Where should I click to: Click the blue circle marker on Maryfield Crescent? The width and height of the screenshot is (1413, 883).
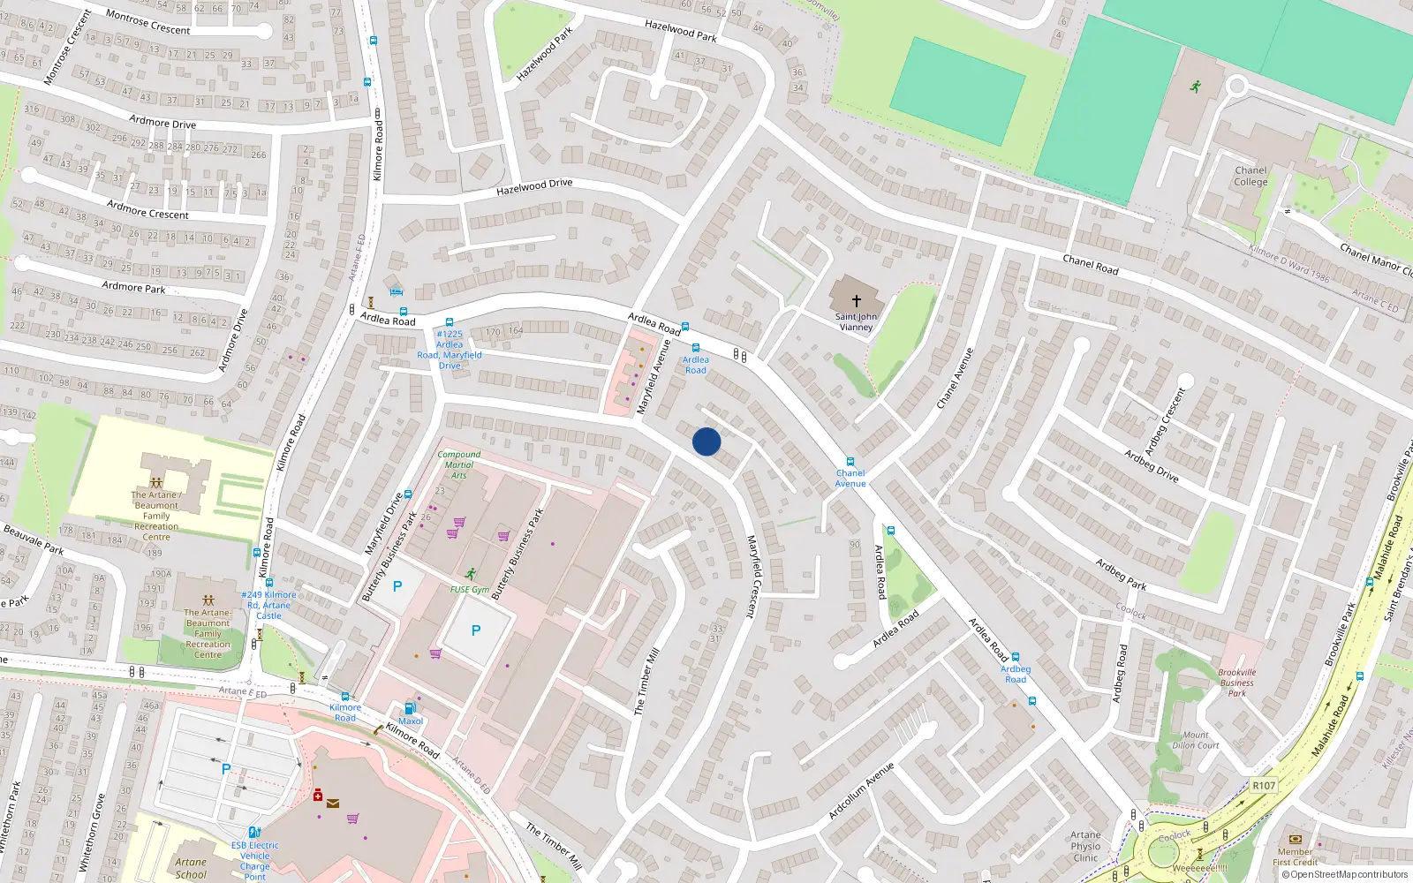(706, 441)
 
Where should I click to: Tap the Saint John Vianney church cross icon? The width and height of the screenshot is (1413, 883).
(856, 301)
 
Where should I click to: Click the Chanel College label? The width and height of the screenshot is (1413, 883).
(1251, 176)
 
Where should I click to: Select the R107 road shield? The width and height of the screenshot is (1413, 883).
(1264, 785)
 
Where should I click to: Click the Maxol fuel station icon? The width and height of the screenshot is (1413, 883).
(410, 708)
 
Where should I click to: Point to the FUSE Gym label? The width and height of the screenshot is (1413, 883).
(469, 589)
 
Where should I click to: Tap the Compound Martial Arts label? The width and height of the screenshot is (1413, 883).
(459, 464)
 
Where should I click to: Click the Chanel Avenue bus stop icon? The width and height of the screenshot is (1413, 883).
(850, 462)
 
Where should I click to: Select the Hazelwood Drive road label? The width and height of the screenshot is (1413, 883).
(534, 186)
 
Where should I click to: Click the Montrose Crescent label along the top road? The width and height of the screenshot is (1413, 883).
(147, 22)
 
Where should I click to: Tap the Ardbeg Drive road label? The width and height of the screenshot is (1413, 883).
(1151, 465)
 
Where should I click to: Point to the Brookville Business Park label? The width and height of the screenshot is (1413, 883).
(1236, 683)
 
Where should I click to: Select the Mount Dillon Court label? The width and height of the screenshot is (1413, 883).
(1196, 740)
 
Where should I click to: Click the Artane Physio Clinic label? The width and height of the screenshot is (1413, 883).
(1085, 846)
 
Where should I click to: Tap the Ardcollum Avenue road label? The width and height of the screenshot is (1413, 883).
(861, 790)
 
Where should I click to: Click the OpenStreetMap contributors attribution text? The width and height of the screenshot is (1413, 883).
(1344, 874)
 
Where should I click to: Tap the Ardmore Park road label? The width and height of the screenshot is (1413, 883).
(133, 287)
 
